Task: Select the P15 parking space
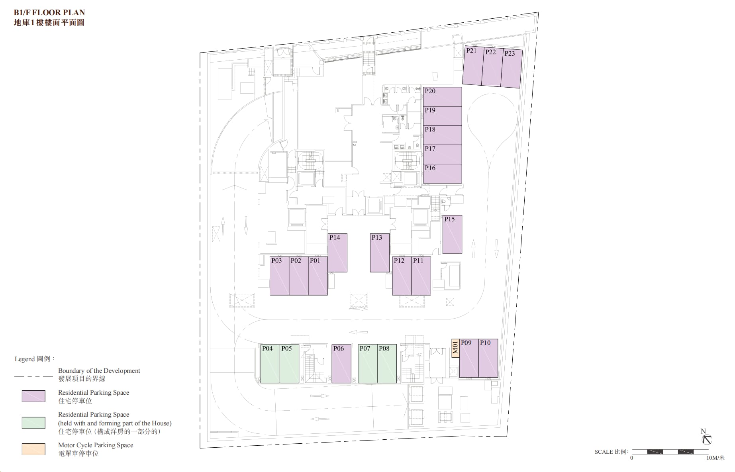(x=453, y=234)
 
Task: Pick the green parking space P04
(x=270, y=364)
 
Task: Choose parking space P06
(x=341, y=364)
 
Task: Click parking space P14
(x=337, y=253)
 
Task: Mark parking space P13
(x=380, y=253)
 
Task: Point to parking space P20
(x=442, y=97)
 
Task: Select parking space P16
(x=442, y=174)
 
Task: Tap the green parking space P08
(x=387, y=364)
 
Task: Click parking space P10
(x=488, y=358)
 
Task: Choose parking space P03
(x=279, y=276)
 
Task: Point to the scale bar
(x=670, y=452)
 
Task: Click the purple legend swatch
(x=33, y=396)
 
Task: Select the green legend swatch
(x=33, y=423)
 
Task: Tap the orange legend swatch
(x=33, y=449)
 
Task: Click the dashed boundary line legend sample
(x=33, y=376)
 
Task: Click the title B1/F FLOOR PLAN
(x=49, y=12)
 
